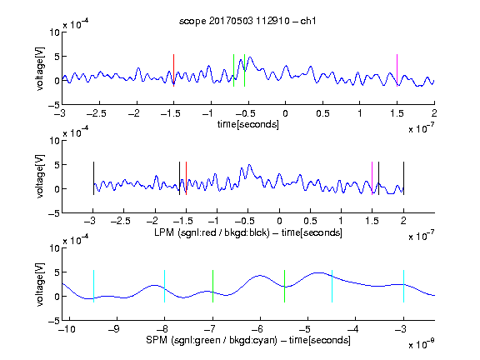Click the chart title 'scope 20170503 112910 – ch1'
(x=247, y=21)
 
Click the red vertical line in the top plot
(x=173, y=70)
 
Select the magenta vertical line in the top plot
(x=397, y=70)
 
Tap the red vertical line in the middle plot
(x=186, y=178)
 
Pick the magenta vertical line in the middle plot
(x=372, y=178)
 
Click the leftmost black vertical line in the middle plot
(x=93, y=178)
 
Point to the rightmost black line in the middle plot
(x=403, y=178)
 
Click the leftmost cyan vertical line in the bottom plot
(x=93, y=286)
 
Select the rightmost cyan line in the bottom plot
(x=403, y=286)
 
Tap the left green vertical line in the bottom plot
(x=212, y=286)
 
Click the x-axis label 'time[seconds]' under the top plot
(x=248, y=124)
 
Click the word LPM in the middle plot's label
(x=164, y=232)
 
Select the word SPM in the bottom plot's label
(x=157, y=340)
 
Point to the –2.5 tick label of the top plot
(x=96, y=113)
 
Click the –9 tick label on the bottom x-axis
(x=114, y=329)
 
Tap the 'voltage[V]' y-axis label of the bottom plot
(x=40, y=284)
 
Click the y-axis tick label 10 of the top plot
(x=54, y=32)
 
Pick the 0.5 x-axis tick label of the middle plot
(x=310, y=221)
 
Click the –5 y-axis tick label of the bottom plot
(x=54, y=321)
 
